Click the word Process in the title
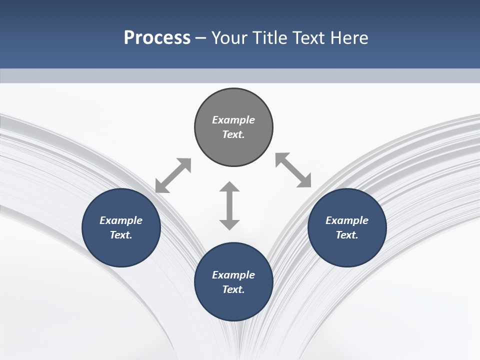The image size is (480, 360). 157,38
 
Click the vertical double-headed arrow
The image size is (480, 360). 229,205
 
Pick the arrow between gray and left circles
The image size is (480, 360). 173,175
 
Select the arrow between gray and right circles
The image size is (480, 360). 293,170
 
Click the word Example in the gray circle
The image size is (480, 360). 233,120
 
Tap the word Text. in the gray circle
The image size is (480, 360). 233,134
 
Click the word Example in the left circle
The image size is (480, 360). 121,220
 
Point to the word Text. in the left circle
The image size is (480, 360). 121,235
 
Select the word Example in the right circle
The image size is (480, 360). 347,220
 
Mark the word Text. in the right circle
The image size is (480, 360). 347,235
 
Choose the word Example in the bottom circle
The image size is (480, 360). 233,275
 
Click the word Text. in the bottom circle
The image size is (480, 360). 233,289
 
